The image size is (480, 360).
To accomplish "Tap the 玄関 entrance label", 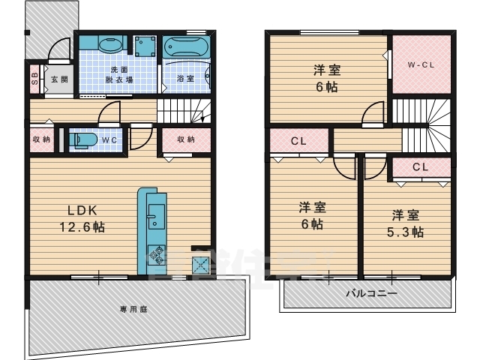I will point(58,79).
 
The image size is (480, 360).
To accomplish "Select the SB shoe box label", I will point(34,78).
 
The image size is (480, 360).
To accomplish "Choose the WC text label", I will point(109,139).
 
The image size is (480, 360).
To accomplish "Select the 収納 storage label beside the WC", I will point(41,139).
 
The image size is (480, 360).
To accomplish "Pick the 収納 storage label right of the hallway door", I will point(185,139).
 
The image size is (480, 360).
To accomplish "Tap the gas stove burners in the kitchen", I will point(156,253).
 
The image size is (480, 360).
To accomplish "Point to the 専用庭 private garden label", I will point(132,308).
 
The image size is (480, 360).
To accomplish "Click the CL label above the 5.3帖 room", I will point(419,167).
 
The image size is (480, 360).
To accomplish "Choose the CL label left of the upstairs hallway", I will point(298,140).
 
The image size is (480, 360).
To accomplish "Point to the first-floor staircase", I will point(184,112).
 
